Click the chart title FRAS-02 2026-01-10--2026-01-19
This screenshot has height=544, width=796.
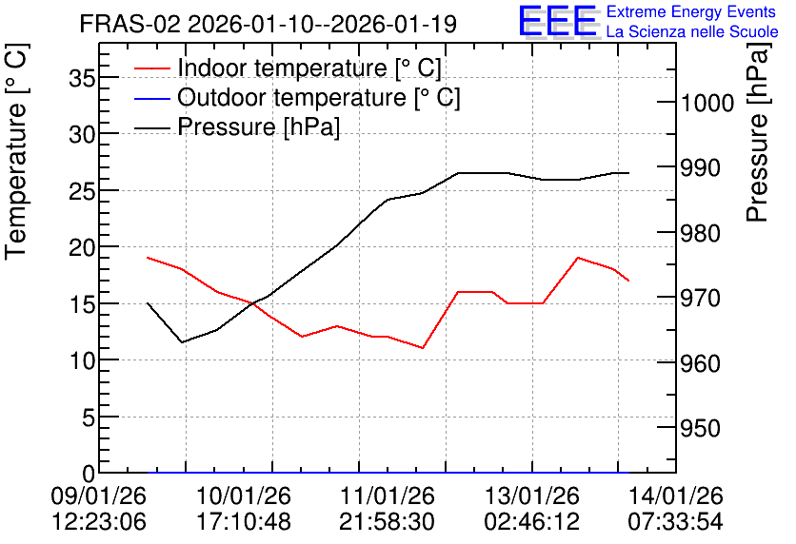[269, 24]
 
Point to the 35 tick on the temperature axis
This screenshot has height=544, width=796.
[82, 78]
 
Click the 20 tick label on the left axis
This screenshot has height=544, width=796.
[82, 247]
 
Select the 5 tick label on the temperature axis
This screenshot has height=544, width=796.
[89, 418]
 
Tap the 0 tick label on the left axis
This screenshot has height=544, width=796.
[89, 475]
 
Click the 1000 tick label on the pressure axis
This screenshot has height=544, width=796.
[707, 104]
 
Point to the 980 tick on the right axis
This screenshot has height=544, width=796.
[701, 234]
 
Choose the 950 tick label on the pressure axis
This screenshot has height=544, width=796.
[701, 429]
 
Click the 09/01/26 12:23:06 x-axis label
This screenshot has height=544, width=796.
[99, 509]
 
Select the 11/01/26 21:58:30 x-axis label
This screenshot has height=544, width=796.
[387, 509]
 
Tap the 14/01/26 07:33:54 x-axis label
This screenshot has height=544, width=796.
[676, 509]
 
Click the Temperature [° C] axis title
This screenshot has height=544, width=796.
[16, 152]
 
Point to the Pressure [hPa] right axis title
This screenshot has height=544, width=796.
[758, 132]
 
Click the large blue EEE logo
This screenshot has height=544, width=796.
[558, 21]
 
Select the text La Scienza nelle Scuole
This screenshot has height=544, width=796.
[692, 31]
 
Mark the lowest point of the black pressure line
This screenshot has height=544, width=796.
[182, 342]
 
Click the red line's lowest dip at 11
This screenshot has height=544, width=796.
[423, 348]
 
